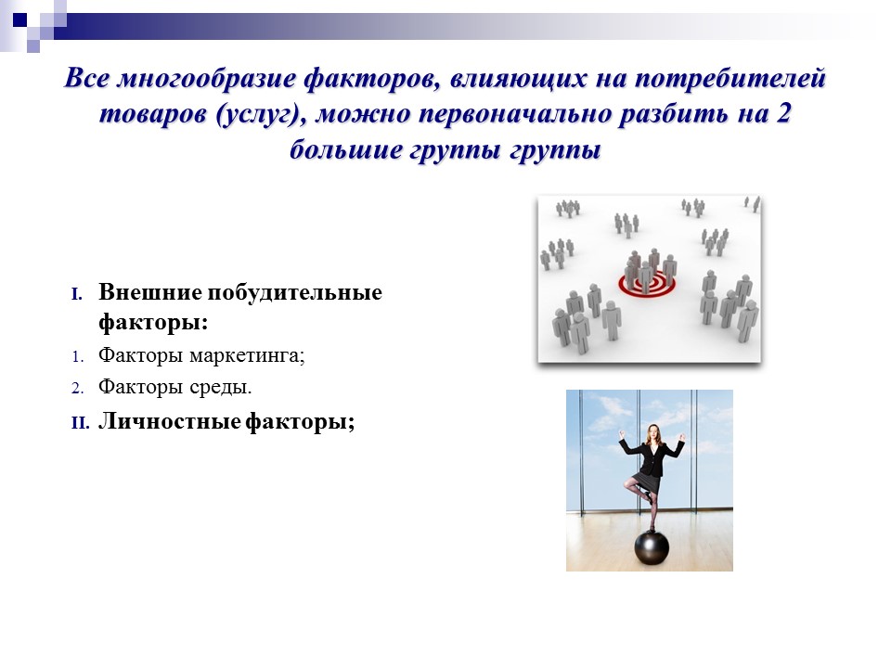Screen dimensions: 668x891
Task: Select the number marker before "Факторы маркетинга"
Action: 78,355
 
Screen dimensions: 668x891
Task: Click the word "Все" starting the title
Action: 85,81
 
